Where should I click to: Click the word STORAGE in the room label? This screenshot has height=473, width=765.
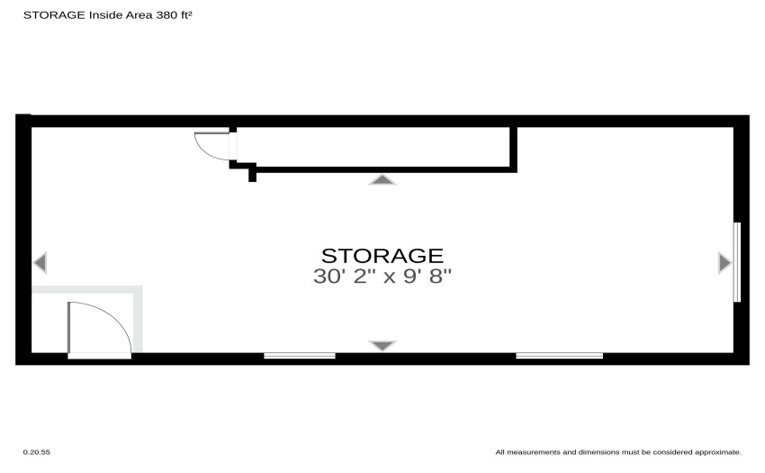pyautogui.click(x=382, y=256)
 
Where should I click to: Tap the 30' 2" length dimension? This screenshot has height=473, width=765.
pyautogui.click(x=340, y=276)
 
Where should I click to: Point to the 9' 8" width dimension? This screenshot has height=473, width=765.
pyautogui.click(x=427, y=276)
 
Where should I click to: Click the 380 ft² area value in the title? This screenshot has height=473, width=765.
pyautogui.click(x=174, y=15)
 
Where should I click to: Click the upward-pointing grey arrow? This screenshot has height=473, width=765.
pyautogui.click(x=382, y=180)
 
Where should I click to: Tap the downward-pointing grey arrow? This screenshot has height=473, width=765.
pyautogui.click(x=382, y=345)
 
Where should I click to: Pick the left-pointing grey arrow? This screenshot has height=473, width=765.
pyautogui.click(x=40, y=262)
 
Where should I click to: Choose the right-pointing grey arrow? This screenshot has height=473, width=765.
pyautogui.click(x=725, y=262)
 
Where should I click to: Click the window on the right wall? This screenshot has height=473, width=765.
pyautogui.click(x=737, y=262)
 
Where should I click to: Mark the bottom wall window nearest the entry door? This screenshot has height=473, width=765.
pyautogui.click(x=300, y=356)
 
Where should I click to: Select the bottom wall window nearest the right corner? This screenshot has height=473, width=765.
pyautogui.click(x=560, y=356)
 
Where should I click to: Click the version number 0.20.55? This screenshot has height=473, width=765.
pyautogui.click(x=37, y=452)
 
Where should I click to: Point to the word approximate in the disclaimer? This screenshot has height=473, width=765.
pyautogui.click(x=717, y=452)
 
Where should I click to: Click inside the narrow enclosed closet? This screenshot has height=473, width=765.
pyautogui.click(x=373, y=147)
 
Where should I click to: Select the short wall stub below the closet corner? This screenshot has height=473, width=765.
pyautogui.click(x=252, y=174)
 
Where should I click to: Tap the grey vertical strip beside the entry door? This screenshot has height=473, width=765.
pyautogui.click(x=138, y=319)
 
